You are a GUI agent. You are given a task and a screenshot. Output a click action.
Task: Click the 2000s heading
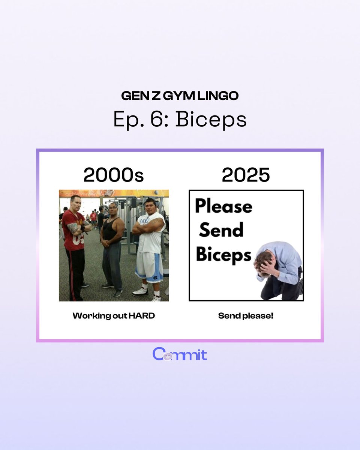pos(113,175)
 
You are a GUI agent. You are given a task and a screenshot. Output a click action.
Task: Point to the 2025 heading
pos(246,175)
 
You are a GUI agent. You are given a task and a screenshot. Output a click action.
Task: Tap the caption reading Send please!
pos(246,316)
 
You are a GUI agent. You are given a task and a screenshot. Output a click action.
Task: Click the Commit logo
pos(180,354)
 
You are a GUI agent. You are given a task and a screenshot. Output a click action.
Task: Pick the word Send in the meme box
pos(221,230)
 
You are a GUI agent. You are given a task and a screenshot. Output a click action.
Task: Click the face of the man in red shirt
pos(75,202)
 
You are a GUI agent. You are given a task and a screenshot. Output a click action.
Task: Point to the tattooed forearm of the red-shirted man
pos(73,228)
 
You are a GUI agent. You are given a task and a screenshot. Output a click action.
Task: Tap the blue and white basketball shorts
pos(149,266)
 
